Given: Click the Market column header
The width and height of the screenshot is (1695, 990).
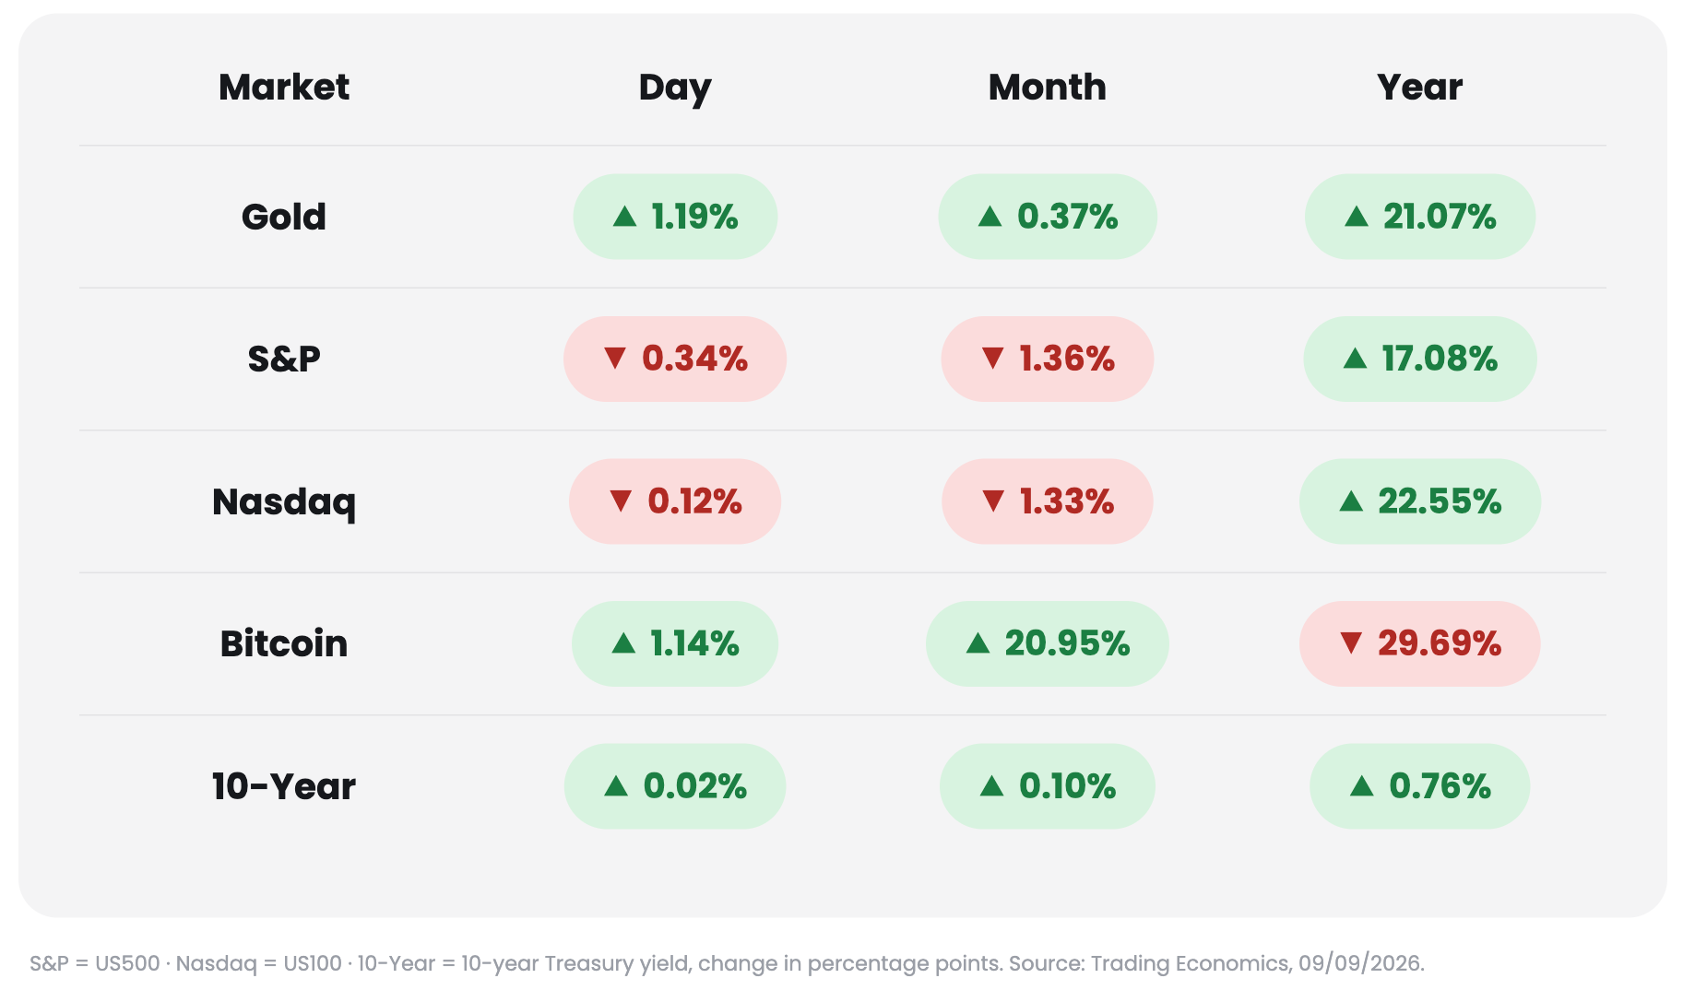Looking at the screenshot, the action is tap(284, 88).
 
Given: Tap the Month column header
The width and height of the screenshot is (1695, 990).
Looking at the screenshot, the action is tap(1048, 88).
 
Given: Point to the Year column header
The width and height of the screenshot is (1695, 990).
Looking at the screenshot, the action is tap(1420, 88).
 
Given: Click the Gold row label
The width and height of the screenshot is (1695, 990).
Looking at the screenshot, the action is tap(284, 218).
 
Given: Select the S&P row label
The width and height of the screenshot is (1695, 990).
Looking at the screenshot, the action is tap(284, 359).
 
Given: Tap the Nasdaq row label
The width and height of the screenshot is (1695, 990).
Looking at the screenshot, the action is tap(284, 503).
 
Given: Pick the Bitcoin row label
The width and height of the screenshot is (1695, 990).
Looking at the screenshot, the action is tap(284, 643).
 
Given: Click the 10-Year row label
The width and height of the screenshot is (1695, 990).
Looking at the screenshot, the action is tap(284, 786).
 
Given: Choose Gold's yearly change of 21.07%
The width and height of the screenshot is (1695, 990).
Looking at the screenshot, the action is tap(1440, 217).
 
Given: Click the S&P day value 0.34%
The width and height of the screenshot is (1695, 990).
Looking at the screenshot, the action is tap(694, 359).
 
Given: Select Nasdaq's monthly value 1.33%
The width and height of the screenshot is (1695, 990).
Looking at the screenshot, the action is tap(1067, 501).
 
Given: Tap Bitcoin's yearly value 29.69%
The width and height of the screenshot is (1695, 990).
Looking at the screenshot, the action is tap(1440, 643).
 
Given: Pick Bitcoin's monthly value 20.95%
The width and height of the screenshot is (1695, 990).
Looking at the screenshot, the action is tap(1067, 643).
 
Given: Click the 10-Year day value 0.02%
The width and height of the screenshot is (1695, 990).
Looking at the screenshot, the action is tap(695, 786).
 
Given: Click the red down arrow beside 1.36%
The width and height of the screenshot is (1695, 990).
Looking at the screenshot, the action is tap(992, 358).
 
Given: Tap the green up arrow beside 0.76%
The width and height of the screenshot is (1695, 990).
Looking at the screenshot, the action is tap(1361, 785).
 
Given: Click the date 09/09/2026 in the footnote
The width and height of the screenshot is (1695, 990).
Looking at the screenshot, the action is tap(1360, 963).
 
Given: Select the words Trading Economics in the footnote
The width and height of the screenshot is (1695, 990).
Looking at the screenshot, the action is tap(1190, 963).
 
